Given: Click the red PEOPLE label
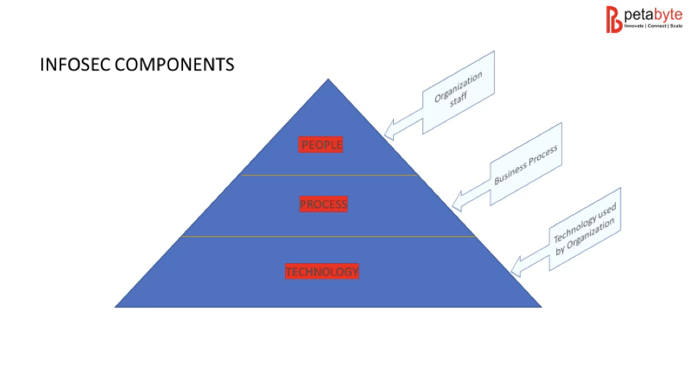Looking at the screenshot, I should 322,144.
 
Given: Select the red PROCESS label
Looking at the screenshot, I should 323,204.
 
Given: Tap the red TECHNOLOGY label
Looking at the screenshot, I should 322,271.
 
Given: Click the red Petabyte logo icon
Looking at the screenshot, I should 614,19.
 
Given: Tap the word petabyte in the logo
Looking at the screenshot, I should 653,14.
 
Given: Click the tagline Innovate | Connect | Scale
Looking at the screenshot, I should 653,26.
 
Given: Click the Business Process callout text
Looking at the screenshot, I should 525,163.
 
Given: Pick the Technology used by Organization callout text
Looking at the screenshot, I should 586,228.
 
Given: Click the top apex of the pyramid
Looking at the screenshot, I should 329,80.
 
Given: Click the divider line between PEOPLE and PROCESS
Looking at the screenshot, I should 329,176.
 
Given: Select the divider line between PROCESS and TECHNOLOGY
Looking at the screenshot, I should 329,236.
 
